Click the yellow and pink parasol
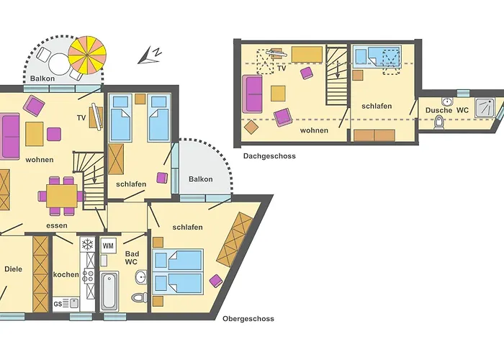click(87, 55)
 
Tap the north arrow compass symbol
click(150, 55)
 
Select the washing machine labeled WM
click(108, 246)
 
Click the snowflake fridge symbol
click(87, 245)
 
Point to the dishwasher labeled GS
click(66, 303)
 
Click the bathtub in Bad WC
click(109, 291)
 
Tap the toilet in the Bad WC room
click(140, 297)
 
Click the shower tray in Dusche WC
click(485, 107)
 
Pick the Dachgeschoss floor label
click(269, 156)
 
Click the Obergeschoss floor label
click(248, 319)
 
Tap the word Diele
click(14, 269)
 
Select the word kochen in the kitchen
click(66, 274)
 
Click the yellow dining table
click(62, 196)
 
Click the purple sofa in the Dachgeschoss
click(252, 94)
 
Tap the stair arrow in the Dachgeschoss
click(338, 70)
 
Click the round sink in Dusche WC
click(446, 102)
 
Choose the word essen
click(57, 225)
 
